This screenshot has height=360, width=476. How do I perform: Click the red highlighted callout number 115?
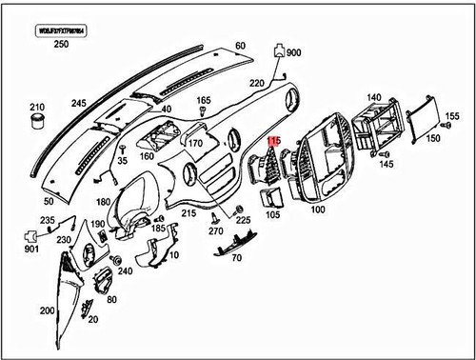(x=275, y=140)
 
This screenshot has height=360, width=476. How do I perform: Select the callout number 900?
(x=292, y=53)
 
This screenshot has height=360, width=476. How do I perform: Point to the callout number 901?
(x=30, y=250)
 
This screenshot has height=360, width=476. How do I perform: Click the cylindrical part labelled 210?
(x=39, y=119)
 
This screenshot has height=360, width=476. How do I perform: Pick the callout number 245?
(x=79, y=102)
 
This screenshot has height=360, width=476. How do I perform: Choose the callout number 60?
(x=240, y=45)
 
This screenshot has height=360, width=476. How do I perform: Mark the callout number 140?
(x=374, y=96)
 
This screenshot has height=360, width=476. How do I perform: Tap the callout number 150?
(x=433, y=139)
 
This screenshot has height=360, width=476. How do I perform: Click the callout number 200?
(x=47, y=311)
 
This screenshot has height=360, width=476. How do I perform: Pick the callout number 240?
(x=125, y=270)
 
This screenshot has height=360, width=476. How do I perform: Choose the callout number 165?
(x=204, y=100)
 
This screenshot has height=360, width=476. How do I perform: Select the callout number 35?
(x=121, y=163)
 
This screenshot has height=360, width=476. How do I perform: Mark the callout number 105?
(x=273, y=215)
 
